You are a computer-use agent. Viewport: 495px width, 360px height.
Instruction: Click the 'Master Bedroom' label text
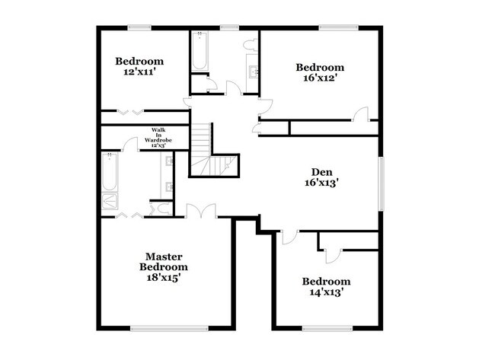pos(163,262)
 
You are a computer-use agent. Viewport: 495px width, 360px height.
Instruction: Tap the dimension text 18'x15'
pos(163,279)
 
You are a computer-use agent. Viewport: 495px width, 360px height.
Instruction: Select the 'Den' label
pos(320,171)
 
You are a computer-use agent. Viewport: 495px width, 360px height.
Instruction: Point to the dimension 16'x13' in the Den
pos(320,183)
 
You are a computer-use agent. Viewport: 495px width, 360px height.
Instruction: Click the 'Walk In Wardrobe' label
pos(158,135)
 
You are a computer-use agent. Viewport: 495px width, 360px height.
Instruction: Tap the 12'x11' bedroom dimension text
pos(139,73)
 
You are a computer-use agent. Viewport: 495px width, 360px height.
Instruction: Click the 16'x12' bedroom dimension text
pos(320,78)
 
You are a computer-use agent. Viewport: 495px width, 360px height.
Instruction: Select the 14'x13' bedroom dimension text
pos(326,292)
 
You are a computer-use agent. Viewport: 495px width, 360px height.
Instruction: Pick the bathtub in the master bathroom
pos(109,173)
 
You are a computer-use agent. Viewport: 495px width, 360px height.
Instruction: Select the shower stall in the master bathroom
pos(110,201)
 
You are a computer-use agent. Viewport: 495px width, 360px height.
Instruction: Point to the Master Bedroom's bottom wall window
pos(169,329)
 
